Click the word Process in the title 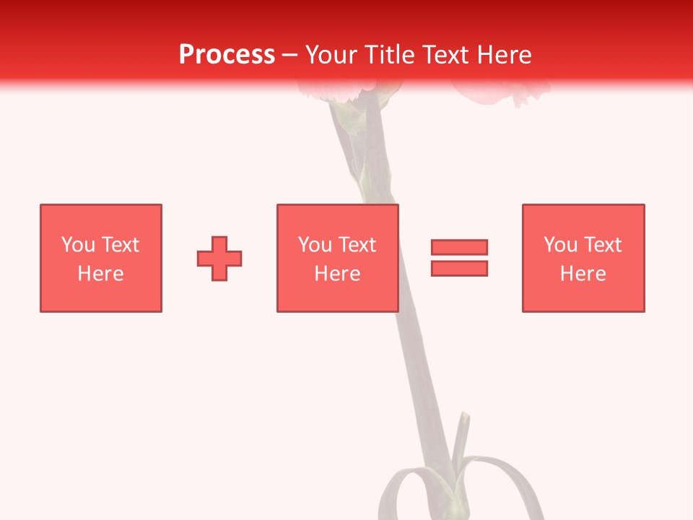pyautogui.click(x=227, y=55)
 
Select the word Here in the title pyautogui.click(x=502, y=55)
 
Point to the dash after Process pyautogui.click(x=290, y=56)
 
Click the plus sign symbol pyautogui.click(x=219, y=258)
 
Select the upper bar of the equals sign pyautogui.click(x=459, y=247)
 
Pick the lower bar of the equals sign pyautogui.click(x=459, y=268)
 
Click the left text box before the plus pyautogui.click(x=101, y=258)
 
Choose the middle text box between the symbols pyautogui.click(x=337, y=258)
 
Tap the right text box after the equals pyautogui.click(x=583, y=258)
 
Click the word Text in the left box pyautogui.click(x=120, y=245)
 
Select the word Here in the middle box pyautogui.click(x=337, y=274)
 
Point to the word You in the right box pyautogui.click(x=561, y=245)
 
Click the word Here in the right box pyautogui.click(x=583, y=274)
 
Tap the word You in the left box pyautogui.click(x=79, y=245)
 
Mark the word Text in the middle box pyautogui.click(x=357, y=245)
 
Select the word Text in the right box pyautogui.click(x=602, y=245)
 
